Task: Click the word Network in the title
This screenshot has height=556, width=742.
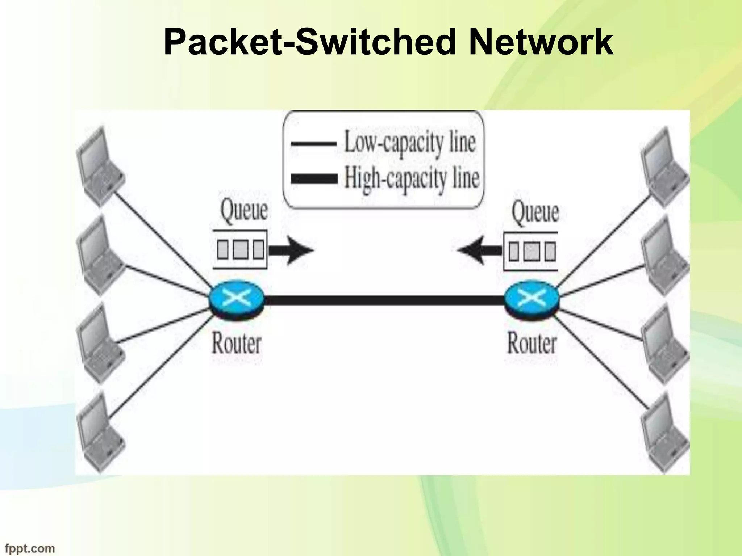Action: coord(541,43)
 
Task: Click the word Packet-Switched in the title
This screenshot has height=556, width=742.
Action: coord(309,43)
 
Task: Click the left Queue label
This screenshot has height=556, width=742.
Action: coord(244,210)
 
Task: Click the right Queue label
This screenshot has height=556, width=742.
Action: coord(535,211)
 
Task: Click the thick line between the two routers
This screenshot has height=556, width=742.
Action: coord(384,300)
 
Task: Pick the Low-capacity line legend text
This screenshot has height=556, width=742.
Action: coord(409,143)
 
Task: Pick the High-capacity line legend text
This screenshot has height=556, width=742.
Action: coord(411,178)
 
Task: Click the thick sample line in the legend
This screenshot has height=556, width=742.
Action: coord(314,179)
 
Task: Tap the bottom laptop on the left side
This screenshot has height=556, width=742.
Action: coord(100,433)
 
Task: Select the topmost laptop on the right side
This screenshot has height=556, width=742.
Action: coord(665,167)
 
